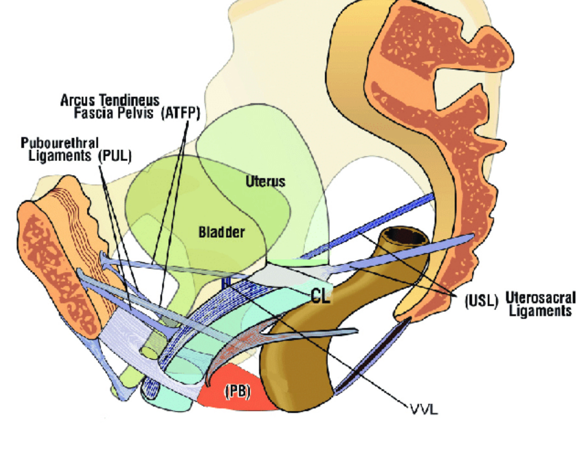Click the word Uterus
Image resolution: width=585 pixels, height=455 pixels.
click(x=265, y=181)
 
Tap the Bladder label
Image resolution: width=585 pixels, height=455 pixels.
click(x=222, y=232)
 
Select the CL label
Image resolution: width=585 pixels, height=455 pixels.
click(x=320, y=296)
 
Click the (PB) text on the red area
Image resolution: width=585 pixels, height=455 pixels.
click(x=237, y=391)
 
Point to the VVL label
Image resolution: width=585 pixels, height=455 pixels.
click(x=424, y=409)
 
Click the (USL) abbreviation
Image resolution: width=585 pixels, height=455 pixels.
click(x=481, y=301)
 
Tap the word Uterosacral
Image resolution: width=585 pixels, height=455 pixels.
click(x=540, y=297)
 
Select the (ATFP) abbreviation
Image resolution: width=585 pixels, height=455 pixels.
click(x=180, y=113)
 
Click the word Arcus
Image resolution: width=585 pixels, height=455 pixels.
click(x=78, y=100)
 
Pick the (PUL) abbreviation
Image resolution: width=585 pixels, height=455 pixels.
click(x=115, y=155)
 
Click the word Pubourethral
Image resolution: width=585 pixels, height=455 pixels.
click(x=60, y=143)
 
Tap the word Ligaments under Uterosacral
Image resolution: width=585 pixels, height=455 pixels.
click(x=540, y=311)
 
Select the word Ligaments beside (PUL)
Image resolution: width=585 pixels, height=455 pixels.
click(x=60, y=155)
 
